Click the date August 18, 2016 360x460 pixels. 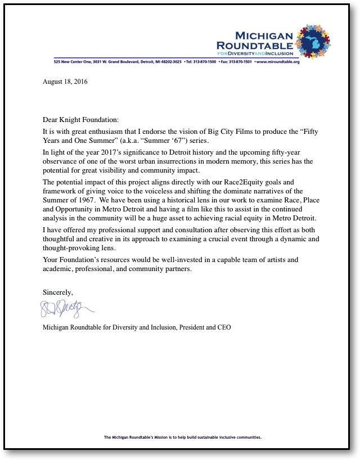coord(65,82)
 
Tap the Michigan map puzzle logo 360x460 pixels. coord(313,43)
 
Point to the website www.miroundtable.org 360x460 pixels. coord(279,62)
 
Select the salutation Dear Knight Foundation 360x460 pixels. coord(81,119)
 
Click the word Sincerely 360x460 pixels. coord(58,292)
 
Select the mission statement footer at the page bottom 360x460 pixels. coord(183,437)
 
